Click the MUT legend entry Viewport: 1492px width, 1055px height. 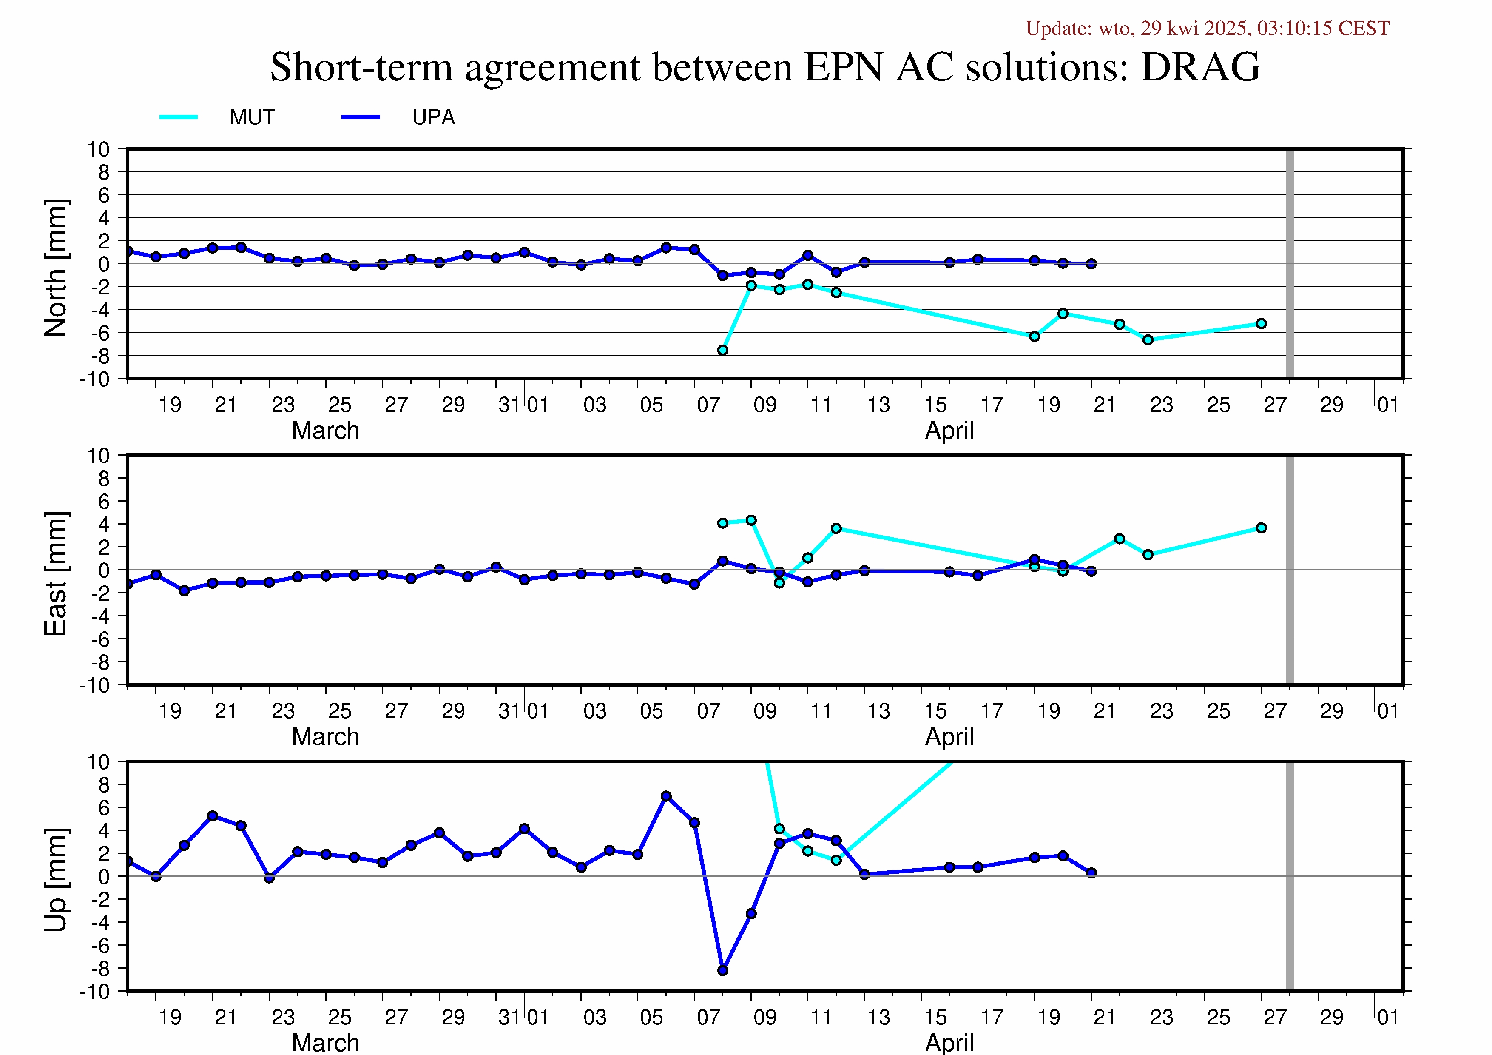[x=218, y=117]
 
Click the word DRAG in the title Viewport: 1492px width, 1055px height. [x=1200, y=67]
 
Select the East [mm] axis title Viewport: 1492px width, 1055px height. [x=56, y=573]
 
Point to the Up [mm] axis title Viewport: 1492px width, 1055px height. [x=56, y=879]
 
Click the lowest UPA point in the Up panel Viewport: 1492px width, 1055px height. [x=722, y=970]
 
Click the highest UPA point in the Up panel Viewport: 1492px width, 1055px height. [x=666, y=796]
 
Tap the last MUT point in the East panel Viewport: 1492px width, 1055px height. [x=1261, y=528]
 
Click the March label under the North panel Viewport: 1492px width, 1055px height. [x=326, y=431]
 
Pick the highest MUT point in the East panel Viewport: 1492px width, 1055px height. [x=751, y=520]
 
